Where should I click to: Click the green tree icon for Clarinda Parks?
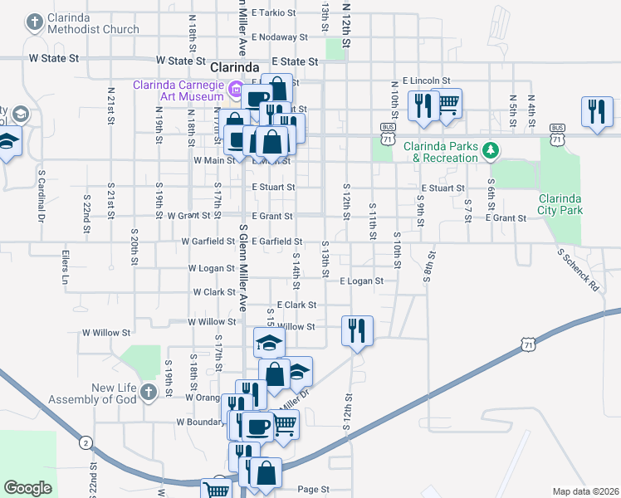[492, 150]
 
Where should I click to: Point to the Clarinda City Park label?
[572, 204]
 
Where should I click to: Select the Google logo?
[27, 488]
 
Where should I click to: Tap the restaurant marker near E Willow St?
[358, 330]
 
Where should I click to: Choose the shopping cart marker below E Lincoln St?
[447, 104]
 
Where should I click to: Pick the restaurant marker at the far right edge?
[596, 112]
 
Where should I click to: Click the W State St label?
[53, 59]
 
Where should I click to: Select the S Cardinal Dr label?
[40, 198]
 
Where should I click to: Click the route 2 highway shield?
[86, 442]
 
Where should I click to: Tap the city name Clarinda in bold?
[237, 66]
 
